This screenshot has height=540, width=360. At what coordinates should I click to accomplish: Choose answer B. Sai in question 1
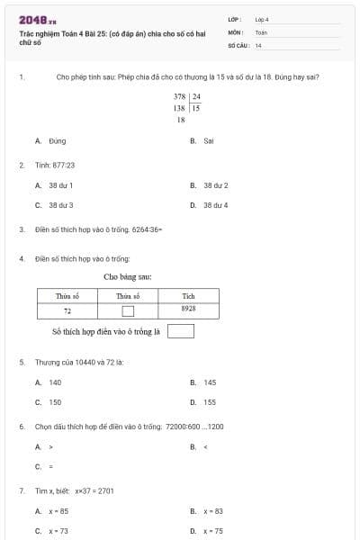coord(202,141)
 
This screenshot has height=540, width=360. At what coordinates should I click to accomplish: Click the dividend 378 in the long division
coord(179,96)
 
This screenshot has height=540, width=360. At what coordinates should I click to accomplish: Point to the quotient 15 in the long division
coord(195,107)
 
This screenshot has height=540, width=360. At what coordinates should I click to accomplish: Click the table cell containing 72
coord(67,310)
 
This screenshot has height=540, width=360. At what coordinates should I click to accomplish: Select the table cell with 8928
coord(188,309)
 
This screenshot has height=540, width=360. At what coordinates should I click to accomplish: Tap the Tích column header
coord(188,296)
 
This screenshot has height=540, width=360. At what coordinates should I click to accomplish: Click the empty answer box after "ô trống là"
coord(181,331)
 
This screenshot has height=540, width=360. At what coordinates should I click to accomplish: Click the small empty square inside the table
coord(128,311)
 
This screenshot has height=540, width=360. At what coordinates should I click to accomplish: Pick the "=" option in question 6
coord(45,466)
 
